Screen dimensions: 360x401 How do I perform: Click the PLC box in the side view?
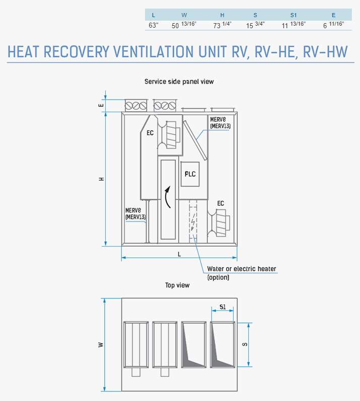(190, 174)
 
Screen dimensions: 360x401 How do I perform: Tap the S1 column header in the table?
(294, 15)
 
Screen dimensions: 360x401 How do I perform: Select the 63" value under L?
(154, 25)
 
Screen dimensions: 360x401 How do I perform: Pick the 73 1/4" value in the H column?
(222, 25)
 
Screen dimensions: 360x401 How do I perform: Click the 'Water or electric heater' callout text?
(242, 269)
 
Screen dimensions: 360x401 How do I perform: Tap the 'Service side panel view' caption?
(179, 82)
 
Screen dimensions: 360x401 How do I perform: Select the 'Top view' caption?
(177, 285)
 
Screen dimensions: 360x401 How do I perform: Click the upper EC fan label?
(150, 133)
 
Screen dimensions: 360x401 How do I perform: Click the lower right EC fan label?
(221, 203)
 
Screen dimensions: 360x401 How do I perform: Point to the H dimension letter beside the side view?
(102, 179)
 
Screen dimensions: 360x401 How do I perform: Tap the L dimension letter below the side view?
(179, 254)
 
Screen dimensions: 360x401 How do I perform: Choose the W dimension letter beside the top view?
(101, 345)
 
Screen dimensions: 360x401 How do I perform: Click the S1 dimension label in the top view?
(223, 307)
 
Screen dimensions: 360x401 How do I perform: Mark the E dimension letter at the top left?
(102, 105)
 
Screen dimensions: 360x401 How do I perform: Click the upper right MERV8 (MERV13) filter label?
(221, 123)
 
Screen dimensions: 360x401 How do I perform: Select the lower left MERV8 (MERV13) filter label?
(135, 214)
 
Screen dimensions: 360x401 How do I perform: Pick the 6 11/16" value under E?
(333, 25)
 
